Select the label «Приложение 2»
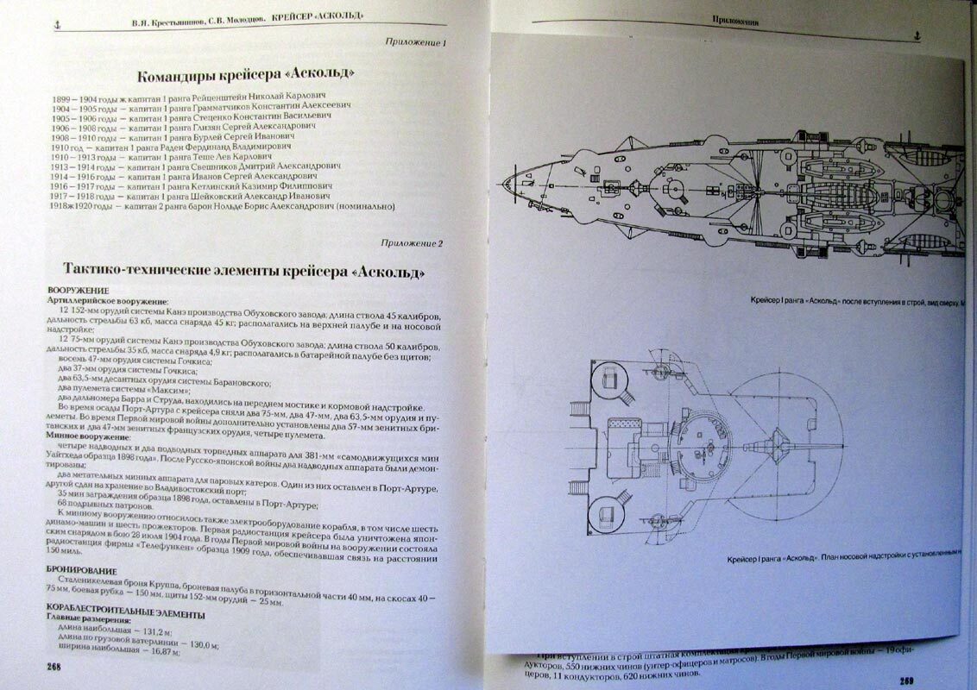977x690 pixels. [x=413, y=245]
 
